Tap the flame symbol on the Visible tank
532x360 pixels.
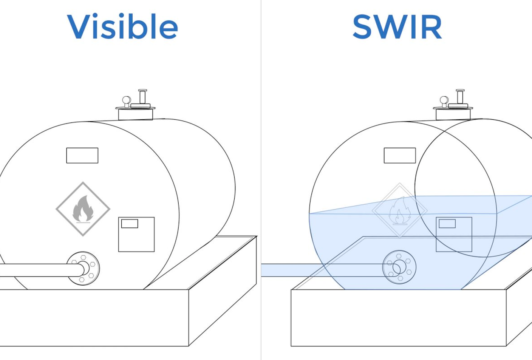click(x=83, y=209)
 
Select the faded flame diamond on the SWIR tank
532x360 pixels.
click(x=400, y=210)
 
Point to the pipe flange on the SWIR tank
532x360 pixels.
click(x=399, y=267)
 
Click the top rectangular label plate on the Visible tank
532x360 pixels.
click(x=82, y=155)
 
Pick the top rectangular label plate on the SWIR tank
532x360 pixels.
click(x=400, y=155)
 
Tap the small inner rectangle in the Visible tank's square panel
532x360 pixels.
click(x=130, y=224)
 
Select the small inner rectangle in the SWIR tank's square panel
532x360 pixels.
click(x=447, y=224)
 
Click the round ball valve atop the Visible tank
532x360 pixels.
click(x=126, y=100)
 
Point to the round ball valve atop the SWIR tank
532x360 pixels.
click(x=444, y=100)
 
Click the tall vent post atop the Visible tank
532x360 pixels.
click(x=142, y=96)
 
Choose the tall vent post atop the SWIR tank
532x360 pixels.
click(x=460, y=96)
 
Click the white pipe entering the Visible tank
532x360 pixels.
click(x=38, y=270)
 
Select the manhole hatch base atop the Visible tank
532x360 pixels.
click(x=135, y=114)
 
